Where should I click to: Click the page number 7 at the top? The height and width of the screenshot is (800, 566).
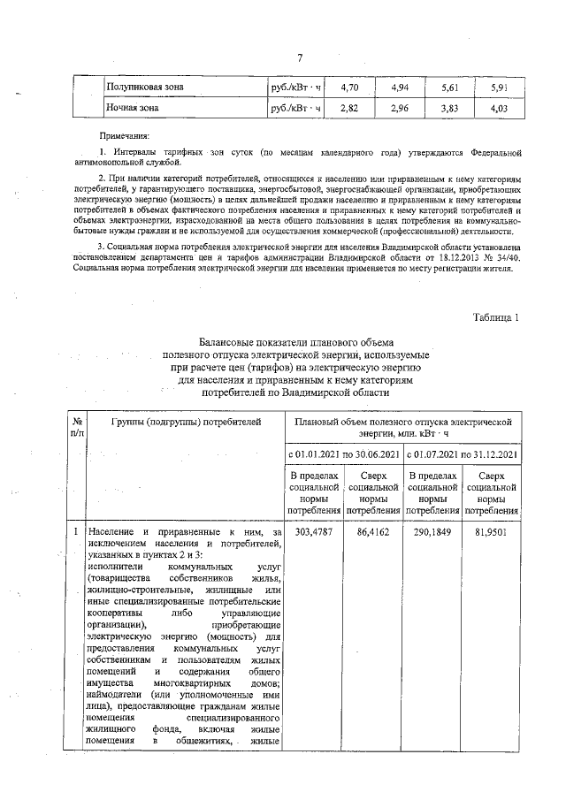(x=300, y=58)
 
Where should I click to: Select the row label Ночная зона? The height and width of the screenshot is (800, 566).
(x=133, y=108)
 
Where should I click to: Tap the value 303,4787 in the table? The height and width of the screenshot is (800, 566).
(x=314, y=533)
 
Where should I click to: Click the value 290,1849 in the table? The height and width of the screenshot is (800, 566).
(x=434, y=533)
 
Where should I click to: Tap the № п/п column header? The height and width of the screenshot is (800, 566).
(x=78, y=429)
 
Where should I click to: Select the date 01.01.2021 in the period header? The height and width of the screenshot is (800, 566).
(x=324, y=455)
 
